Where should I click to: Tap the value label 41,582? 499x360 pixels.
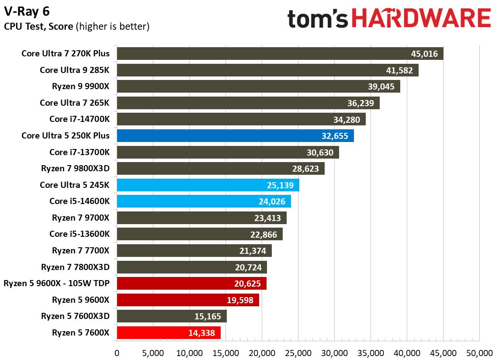(x=399, y=70)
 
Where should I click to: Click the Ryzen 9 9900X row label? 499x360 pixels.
(x=81, y=87)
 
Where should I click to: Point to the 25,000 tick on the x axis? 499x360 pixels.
(x=298, y=353)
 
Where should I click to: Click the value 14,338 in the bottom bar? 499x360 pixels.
(x=201, y=333)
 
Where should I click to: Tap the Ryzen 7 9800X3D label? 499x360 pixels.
(x=75, y=169)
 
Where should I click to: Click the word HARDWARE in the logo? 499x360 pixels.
(x=421, y=19)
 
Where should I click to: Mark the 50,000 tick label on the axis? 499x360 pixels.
(x=479, y=353)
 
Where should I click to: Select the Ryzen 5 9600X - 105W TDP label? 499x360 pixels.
(x=57, y=284)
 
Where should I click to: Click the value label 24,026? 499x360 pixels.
(x=271, y=201)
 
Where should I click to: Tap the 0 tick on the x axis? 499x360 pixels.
(x=117, y=353)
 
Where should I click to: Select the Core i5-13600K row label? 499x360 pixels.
(x=80, y=234)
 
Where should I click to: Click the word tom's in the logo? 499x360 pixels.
(x=318, y=19)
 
